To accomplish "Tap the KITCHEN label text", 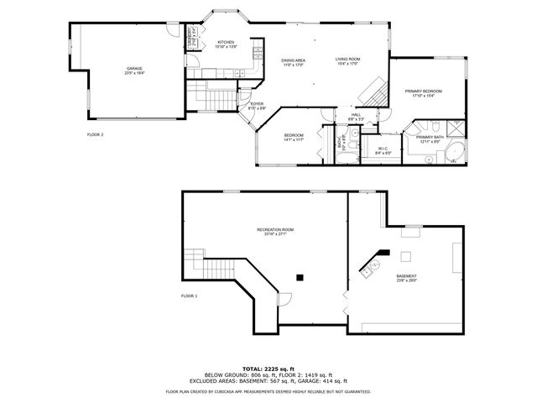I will pyautogui.click(x=227, y=44).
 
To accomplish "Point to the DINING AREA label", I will pyautogui.click(x=293, y=62).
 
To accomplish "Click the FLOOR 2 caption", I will pyautogui.click(x=95, y=134).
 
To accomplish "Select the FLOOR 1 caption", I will pyautogui.click(x=189, y=296).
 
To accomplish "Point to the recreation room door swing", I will pyautogui.click(x=284, y=297).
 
